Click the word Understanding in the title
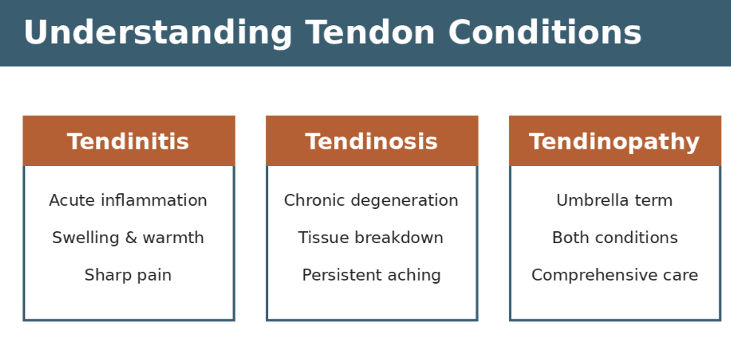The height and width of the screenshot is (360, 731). pos(158,33)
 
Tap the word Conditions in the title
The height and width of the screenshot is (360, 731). pos(544,33)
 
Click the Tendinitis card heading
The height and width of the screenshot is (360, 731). pos(128,141)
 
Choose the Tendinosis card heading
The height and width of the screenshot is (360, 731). pos(371,141)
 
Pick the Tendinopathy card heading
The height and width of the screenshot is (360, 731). pos(614,141)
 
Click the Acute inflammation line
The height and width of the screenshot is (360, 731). pos(128,201)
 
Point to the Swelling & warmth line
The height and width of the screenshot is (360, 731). pos(128,238)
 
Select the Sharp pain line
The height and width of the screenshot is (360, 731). pos(128,276)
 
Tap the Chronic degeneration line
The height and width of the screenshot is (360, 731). pos(371,201)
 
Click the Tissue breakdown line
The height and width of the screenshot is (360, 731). pos(371,238)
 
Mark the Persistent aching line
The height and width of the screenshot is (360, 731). pos(371,276)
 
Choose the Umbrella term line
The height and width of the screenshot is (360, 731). pos(614,201)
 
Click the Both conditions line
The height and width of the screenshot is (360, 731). pos(614,238)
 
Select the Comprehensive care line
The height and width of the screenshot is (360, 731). pos(614,276)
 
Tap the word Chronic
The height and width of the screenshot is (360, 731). pos(312,201)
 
